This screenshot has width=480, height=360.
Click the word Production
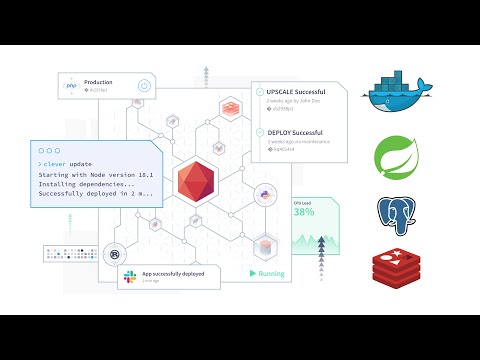pyautogui.click(x=98, y=82)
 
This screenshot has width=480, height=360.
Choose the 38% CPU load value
pyautogui.click(x=304, y=212)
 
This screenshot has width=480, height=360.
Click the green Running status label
pyautogui.click(x=269, y=272)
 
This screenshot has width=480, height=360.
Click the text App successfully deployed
pyautogui.click(x=174, y=272)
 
